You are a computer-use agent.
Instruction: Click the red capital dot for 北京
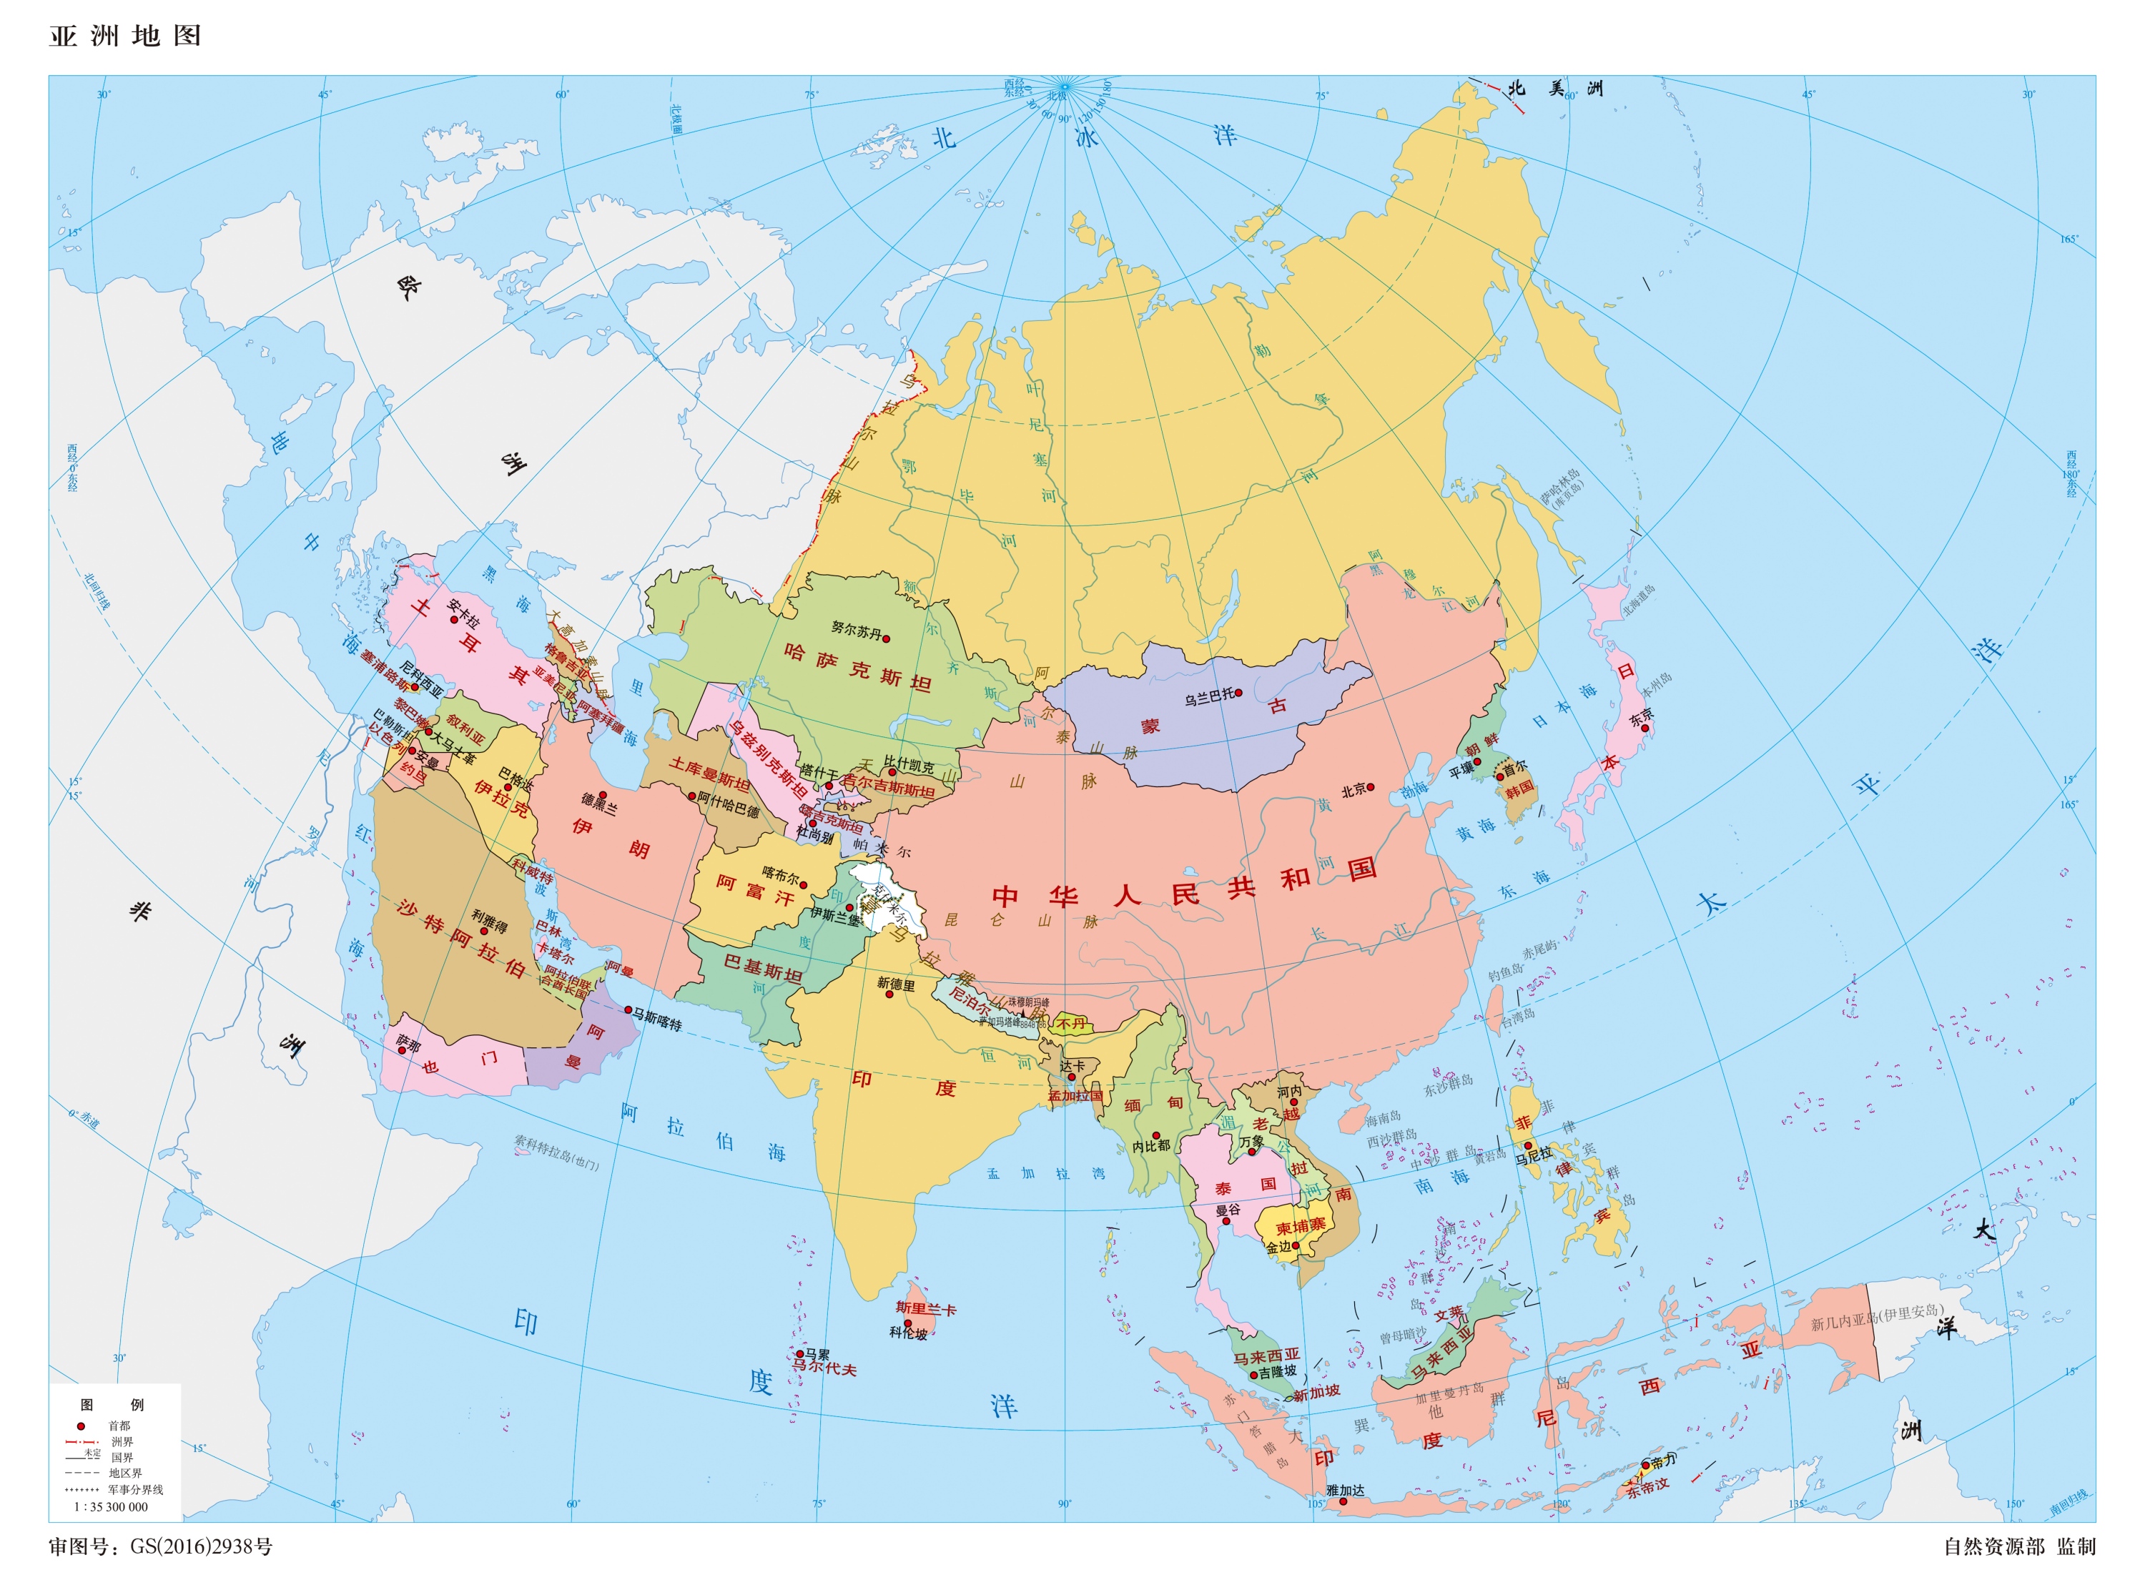1371,787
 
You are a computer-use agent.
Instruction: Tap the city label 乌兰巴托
1209,697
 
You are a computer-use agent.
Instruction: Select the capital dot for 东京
1644,728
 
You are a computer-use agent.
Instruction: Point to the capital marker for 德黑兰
603,796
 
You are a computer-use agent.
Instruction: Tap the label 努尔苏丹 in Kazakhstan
856,629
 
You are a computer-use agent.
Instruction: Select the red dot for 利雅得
484,931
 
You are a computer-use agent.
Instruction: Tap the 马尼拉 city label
1534,1155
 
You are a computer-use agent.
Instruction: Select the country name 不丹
1071,1023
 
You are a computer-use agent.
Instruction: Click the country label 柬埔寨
1301,1226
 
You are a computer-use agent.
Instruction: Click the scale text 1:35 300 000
111,1506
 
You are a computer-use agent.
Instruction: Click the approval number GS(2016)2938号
202,1546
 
